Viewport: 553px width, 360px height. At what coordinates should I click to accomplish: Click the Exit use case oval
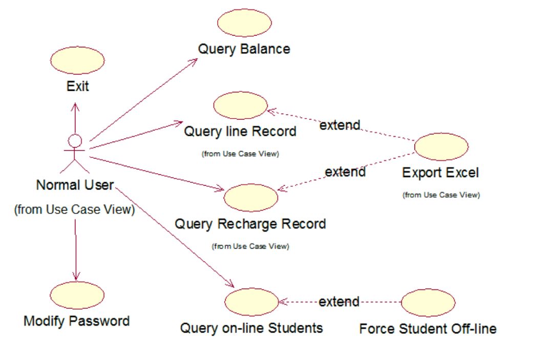click(x=78, y=59)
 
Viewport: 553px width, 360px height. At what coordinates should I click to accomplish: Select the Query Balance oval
click(x=244, y=23)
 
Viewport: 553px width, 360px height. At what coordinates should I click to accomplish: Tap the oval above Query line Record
click(x=240, y=106)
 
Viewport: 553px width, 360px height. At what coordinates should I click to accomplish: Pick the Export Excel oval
click(x=441, y=147)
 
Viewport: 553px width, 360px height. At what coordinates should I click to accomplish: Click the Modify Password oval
click(x=77, y=295)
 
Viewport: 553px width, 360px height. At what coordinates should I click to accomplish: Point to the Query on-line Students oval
click(x=251, y=302)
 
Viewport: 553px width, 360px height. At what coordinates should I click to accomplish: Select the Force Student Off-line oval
click(x=428, y=302)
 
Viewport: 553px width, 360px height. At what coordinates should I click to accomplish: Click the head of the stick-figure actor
click(x=75, y=140)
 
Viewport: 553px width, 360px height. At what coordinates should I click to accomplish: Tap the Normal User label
click(x=75, y=185)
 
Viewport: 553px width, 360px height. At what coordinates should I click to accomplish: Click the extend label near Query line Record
click(x=339, y=125)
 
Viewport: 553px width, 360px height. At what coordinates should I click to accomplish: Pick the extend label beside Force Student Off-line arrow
click(x=339, y=302)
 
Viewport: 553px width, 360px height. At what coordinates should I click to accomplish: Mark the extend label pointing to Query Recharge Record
click(x=345, y=172)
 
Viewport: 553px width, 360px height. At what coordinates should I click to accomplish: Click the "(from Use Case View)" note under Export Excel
click(x=441, y=195)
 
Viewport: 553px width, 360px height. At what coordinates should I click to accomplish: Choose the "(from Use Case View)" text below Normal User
click(x=74, y=209)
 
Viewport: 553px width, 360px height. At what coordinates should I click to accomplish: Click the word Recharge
click(x=252, y=224)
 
